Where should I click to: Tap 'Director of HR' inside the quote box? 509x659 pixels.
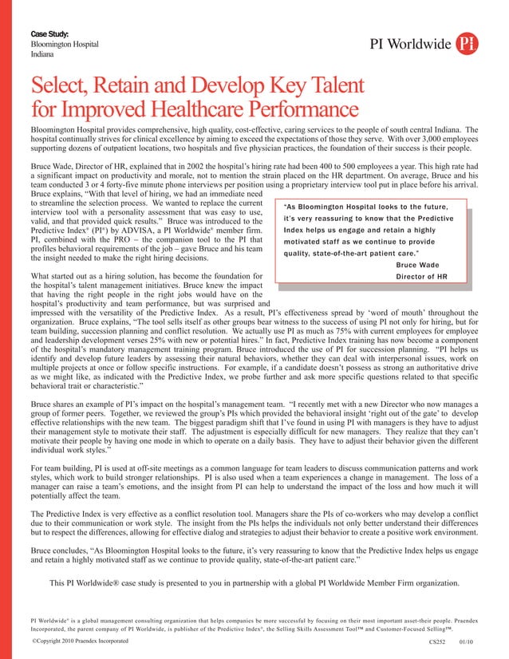[x=421, y=276]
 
